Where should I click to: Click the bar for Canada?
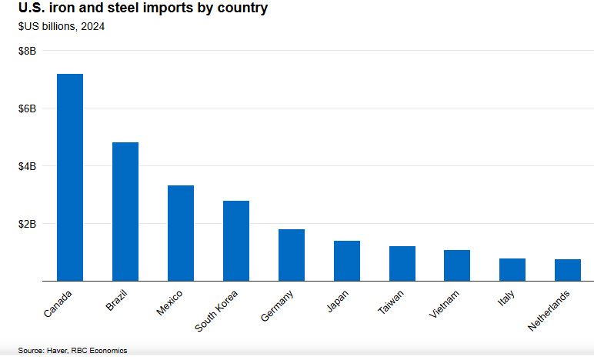[70, 177]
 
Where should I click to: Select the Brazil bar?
[125, 212]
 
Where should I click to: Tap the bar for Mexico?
[181, 233]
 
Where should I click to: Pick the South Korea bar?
[236, 241]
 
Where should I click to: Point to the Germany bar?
[292, 255]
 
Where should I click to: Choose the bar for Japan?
[347, 261]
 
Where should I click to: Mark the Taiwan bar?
[402, 263]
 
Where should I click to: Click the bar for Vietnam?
[457, 265]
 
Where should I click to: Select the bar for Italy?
[512, 269]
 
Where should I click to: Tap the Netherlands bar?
[568, 270]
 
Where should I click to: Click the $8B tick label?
[28, 51]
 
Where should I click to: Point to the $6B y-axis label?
[28, 108]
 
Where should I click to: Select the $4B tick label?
[28, 166]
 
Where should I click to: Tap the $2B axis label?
[28, 224]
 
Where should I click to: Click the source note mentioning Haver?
[72, 351]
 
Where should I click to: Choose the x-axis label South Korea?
[219, 310]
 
